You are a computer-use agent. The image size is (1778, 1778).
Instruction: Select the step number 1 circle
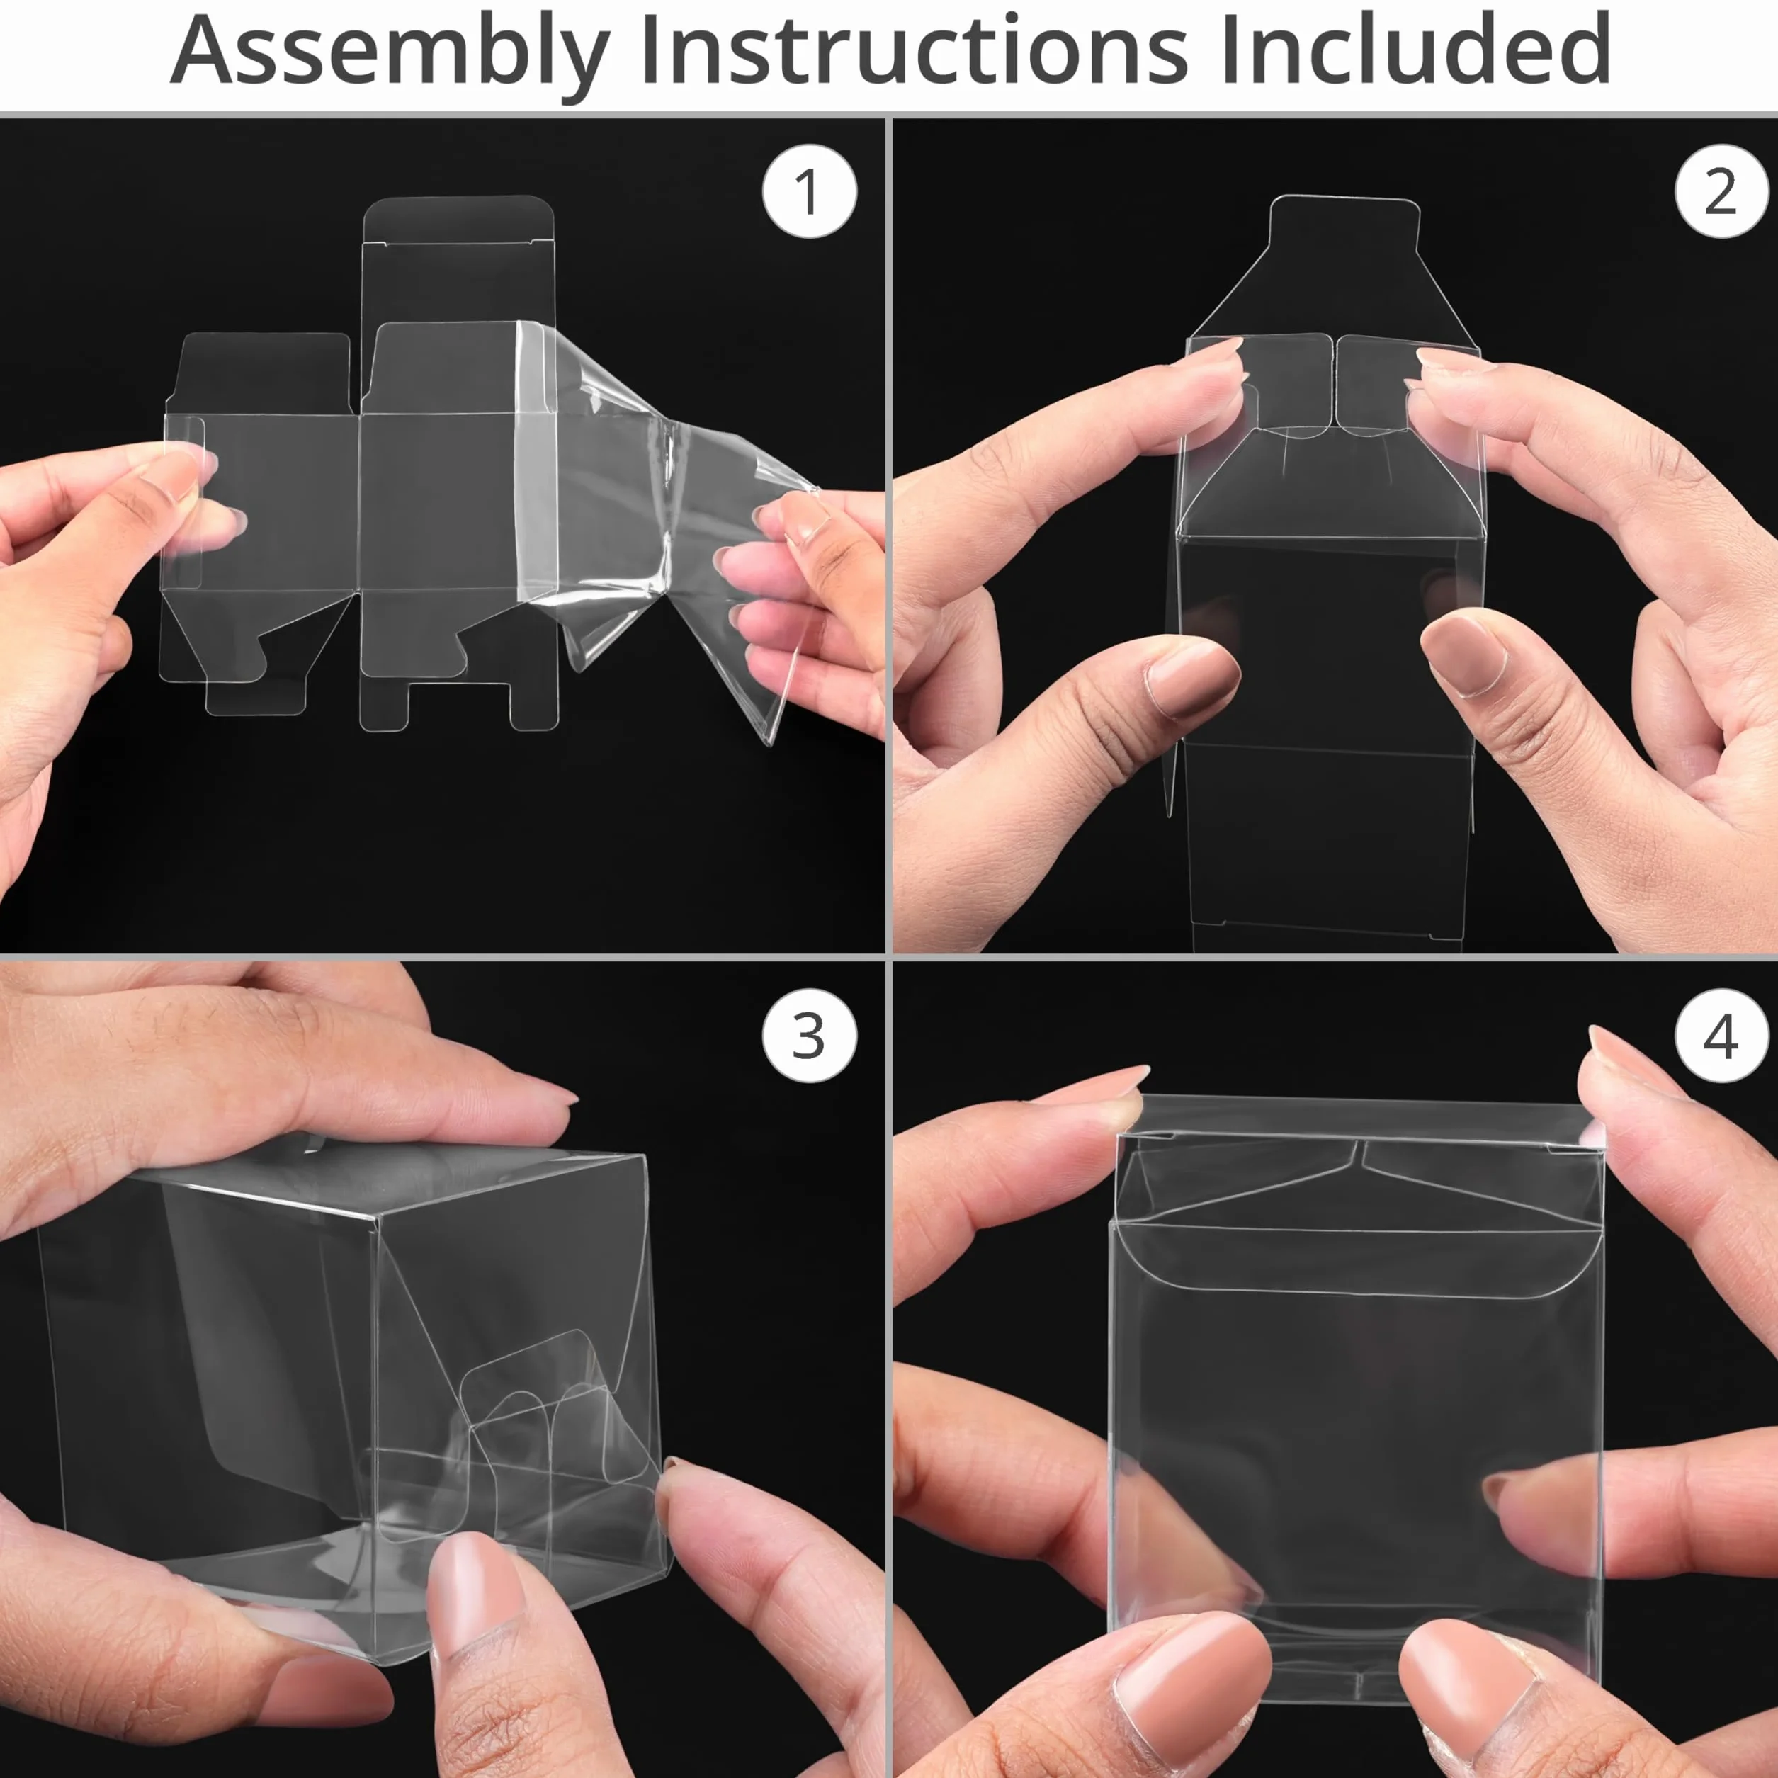[x=809, y=191]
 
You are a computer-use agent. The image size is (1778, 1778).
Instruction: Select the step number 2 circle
[x=1721, y=191]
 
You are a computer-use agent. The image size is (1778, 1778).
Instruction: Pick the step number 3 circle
[x=809, y=1036]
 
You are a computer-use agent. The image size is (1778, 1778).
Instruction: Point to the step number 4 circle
[x=1721, y=1036]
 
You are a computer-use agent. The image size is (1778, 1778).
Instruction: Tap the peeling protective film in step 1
[x=662, y=516]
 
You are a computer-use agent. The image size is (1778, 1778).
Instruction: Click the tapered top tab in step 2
[x=1344, y=267]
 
